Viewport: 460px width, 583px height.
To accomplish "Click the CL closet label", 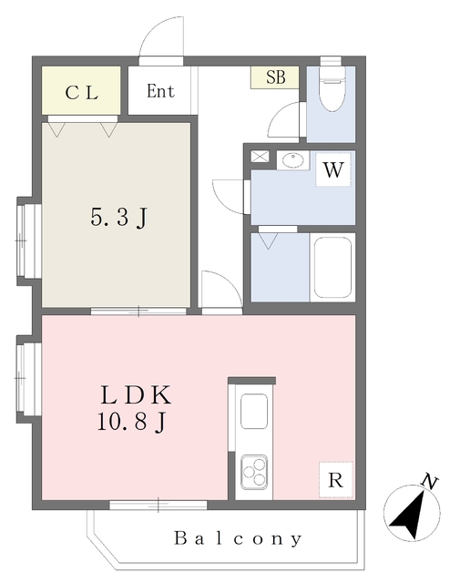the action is (x=81, y=93).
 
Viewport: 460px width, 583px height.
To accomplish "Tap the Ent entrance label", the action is (x=160, y=91).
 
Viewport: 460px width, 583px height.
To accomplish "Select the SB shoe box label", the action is (x=276, y=77).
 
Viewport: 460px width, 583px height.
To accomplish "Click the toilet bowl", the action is (x=332, y=88).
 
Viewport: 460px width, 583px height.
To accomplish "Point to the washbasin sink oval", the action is (x=292, y=160).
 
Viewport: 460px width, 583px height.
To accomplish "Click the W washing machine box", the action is (x=332, y=169).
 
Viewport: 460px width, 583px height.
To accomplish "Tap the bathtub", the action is (x=332, y=267).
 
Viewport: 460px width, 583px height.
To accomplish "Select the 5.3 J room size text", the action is (x=119, y=218).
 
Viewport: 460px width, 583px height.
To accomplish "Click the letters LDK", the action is (x=136, y=395).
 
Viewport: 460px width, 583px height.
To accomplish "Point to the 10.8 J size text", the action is (x=131, y=422).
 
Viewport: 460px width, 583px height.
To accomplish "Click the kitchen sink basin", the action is (x=254, y=411).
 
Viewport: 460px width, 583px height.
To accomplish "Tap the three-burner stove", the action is (x=254, y=472).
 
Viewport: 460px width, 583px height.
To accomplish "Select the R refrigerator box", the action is (x=335, y=480).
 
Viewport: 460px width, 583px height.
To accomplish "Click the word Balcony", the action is (x=238, y=538).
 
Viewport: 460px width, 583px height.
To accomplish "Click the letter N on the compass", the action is (x=429, y=482).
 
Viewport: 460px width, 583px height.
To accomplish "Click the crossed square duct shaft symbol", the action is (x=260, y=156).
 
